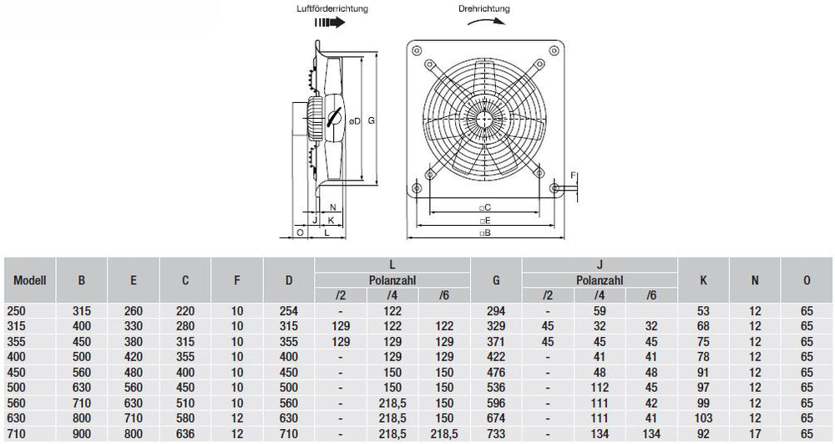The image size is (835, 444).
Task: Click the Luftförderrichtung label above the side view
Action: pos(331,8)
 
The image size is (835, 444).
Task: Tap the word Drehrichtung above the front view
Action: pos(484,8)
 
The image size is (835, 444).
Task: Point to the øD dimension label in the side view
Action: pos(355,121)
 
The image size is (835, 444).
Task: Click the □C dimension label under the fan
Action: pos(484,207)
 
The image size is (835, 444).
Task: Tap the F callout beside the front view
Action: pos(573,174)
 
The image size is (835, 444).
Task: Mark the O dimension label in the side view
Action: pos(300,233)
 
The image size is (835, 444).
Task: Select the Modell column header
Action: pos(30,281)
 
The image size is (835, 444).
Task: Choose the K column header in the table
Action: pos(703,281)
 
